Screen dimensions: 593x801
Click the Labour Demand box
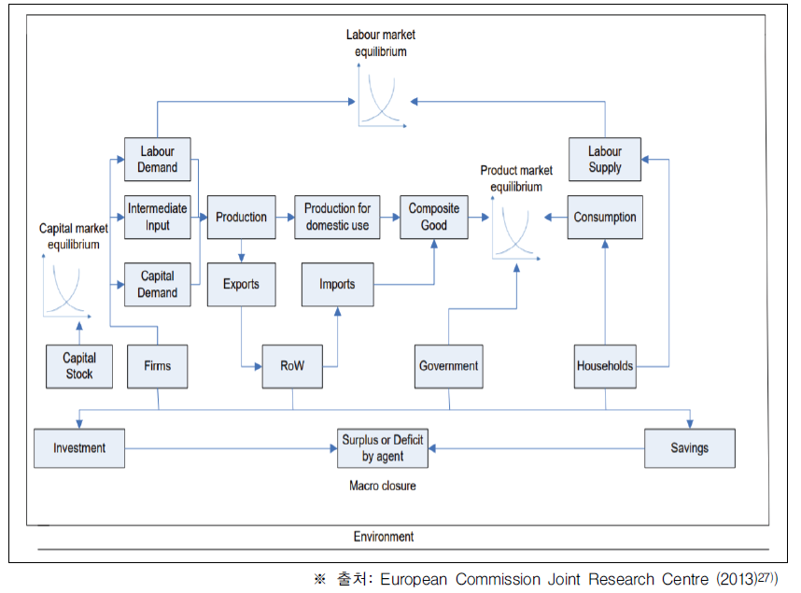click(x=158, y=160)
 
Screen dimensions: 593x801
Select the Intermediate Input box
click(x=158, y=217)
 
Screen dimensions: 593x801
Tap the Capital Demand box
click(x=158, y=284)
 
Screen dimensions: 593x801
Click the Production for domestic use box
click(x=337, y=217)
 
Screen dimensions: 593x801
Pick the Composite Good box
click(x=433, y=217)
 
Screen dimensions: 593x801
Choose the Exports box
click(x=241, y=284)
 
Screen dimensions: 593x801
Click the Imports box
click(x=337, y=284)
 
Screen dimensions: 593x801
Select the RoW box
click(x=292, y=366)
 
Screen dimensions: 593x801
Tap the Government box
click(x=449, y=366)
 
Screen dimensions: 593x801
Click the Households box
click(x=604, y=366)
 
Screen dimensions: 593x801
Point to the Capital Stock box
click(x=79, y=366)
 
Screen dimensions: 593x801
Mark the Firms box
click(x=158, y=366)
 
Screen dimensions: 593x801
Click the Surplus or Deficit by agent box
click(x=383, y=448)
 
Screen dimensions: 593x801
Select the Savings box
click(x=690, y=448)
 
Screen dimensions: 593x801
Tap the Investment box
click(x=79, y=448)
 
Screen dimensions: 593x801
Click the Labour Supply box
click(x=605, y=160)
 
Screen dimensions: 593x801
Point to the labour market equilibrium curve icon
click(x=380, y=99)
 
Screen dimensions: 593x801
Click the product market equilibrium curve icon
click(x=514, y=230)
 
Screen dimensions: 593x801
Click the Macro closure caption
click(x=383, y=486)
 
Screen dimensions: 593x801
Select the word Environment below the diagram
click(x=384, y=537)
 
